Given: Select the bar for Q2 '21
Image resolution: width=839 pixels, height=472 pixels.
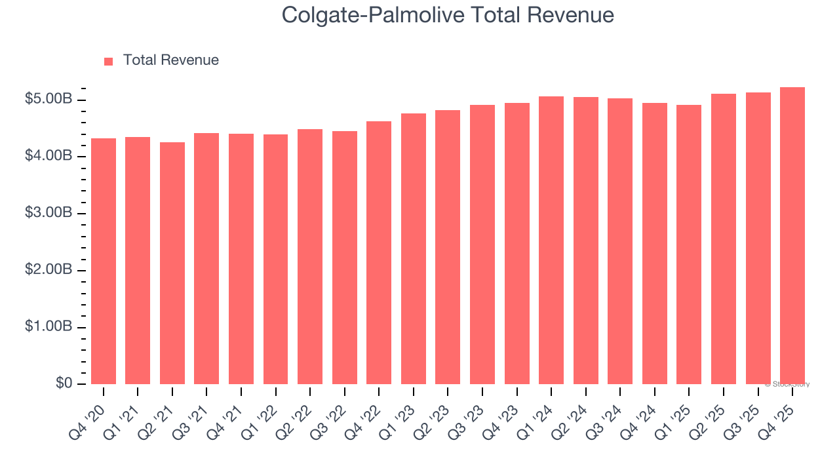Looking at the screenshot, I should pyautogui.click(x=172, y=263).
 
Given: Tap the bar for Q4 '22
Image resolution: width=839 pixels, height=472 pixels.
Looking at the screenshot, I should pyautogui.click(x=379, y=252).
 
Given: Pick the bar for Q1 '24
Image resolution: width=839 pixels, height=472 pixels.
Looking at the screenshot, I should pyautogui.click(x=551, y=240).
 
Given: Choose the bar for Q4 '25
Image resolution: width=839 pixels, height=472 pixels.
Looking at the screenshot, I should pyautogui.click(x=792, y=235).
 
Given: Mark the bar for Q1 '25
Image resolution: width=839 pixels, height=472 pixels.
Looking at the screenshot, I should pyautogui.click(x=689, y=245).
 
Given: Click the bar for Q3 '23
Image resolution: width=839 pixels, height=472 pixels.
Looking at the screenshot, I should pyautogui.click(x=482, y=245).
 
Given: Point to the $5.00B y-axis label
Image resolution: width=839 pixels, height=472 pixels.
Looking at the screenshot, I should pyautogui.click(x=49, y=100).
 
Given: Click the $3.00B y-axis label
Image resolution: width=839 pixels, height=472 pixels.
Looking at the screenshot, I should pyautogui.click(x=49, y=213).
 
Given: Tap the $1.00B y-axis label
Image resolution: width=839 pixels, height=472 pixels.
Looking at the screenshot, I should pyautogui.click(x=49, y=327).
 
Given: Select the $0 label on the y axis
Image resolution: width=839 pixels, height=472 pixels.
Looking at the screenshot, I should pyautogui.click(x=63, y=383).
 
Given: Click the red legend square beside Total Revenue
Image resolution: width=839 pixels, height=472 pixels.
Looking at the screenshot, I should pyautogui.click(x=109, y=61).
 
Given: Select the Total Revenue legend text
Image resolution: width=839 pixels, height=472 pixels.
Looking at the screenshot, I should pyautogui.click(x=170, y=60).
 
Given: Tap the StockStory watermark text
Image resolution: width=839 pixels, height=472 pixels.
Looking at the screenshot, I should pyautogui.click(x=787, y=384).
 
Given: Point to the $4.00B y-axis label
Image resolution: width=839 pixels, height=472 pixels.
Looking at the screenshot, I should pyautogui.click(x=49, y=156).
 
